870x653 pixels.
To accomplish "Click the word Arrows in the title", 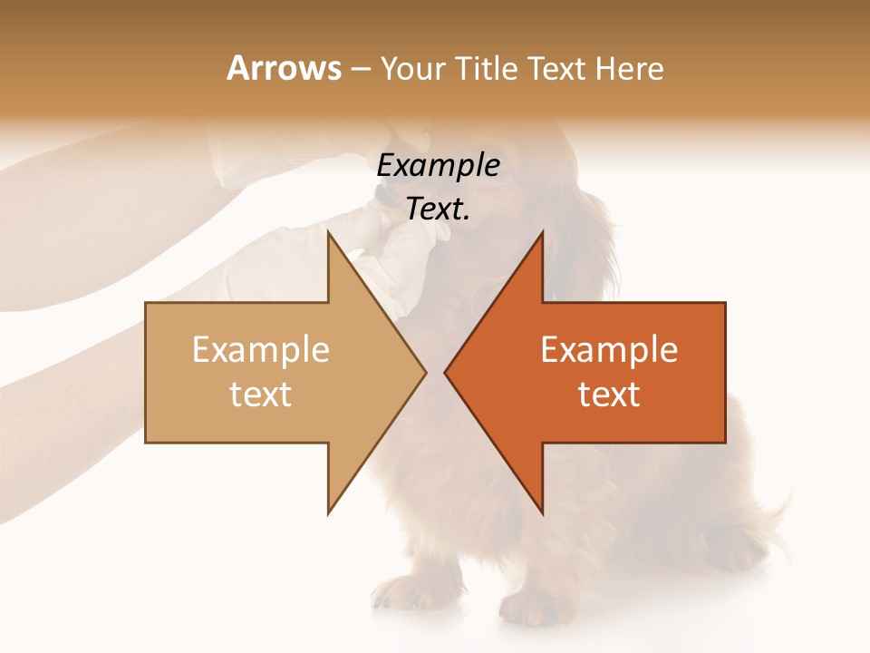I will click(x=284, y=68).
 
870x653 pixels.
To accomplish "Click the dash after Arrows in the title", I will click(x=360, y=70).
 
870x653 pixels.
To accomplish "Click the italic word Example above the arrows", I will click(x=438, y=166).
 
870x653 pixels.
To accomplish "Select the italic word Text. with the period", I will click(x=438, y=209).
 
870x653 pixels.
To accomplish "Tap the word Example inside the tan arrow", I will click(x=260, y=350).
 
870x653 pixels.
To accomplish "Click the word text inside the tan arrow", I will click(x=260, y=395).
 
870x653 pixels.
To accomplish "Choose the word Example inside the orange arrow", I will click(x=609, y=350).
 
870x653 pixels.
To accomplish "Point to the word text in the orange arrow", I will click(x=609, y=395).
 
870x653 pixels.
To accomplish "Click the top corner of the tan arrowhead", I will click(x=328, y=233).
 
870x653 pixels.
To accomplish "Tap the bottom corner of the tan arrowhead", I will click(x=328, y=512).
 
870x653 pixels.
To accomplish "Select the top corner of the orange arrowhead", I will click(x=542, y=233).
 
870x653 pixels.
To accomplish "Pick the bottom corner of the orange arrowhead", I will click(x=542, y=512).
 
